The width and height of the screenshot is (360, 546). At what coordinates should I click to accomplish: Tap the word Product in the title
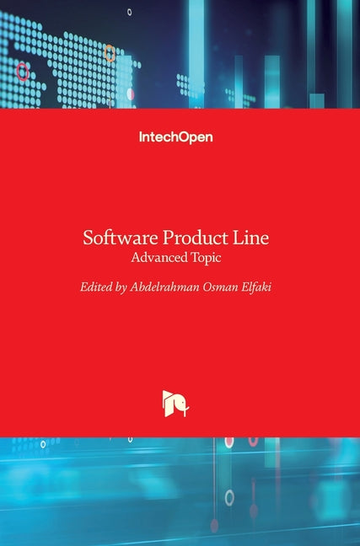click(194, 238)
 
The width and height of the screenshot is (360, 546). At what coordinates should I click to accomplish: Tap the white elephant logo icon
click(180, 404)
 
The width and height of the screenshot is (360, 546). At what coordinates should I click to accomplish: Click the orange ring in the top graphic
click(110, 53)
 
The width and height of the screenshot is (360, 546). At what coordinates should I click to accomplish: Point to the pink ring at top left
click(23, 72)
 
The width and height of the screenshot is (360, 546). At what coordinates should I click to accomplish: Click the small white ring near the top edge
click(129, 12)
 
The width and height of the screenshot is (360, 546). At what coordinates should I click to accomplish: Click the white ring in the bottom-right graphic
click(228, 498)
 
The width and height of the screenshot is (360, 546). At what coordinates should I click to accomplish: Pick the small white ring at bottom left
click(43, 444)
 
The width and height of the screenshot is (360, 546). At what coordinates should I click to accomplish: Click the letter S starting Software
click(88, 238)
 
